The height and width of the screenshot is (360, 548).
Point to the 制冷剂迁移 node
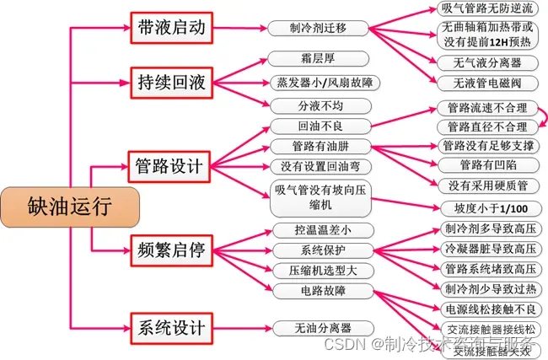(320, 28)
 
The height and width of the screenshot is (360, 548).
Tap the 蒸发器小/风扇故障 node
(320, 83)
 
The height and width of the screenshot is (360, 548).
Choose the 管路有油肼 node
(320, 146)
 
